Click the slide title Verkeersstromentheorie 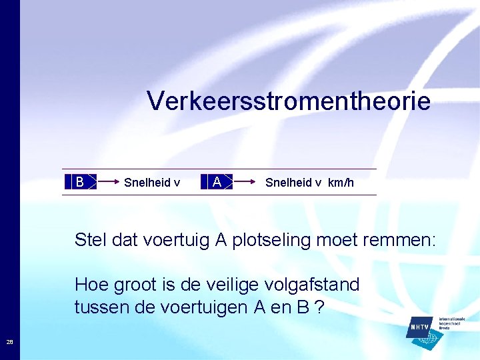coord(289,101)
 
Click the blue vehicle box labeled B coord(80,181)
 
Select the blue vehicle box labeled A coord(217,181)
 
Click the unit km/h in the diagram coord(341,183)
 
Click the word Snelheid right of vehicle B coord(147,183)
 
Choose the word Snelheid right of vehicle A coord(289,183)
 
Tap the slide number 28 coord(10,342)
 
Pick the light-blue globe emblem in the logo coord(427,340)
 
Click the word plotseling coord(271,240)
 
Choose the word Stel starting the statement coord(90,240)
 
